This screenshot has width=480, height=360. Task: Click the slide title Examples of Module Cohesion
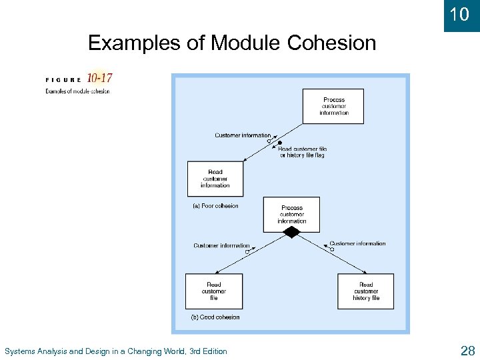point(232,43)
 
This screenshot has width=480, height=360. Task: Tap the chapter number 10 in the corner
point(461,14)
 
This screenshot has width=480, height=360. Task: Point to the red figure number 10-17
point(99,78)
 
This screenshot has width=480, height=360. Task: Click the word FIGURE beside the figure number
point(63,79)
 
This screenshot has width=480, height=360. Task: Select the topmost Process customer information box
point(333,106)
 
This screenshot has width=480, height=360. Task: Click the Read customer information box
point(215,179)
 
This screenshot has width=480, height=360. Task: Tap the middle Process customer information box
point(291,214)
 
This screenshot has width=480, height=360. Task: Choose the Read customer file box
point(213,291)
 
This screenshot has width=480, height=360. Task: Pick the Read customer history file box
point(365,291)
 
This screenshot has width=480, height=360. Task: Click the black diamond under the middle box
point(291,232)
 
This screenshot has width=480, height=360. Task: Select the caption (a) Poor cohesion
point(215,206)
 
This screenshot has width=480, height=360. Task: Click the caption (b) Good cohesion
point(215,317)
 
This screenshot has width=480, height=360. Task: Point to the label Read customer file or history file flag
point(302,152)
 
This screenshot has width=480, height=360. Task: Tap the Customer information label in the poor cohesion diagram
point(243,135)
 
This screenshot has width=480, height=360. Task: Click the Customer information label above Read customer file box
point(221,245)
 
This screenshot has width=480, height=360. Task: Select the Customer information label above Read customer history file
point(357,243)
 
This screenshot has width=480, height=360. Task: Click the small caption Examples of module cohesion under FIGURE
point(77,91)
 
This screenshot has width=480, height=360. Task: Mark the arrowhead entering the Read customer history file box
point(366,272)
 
